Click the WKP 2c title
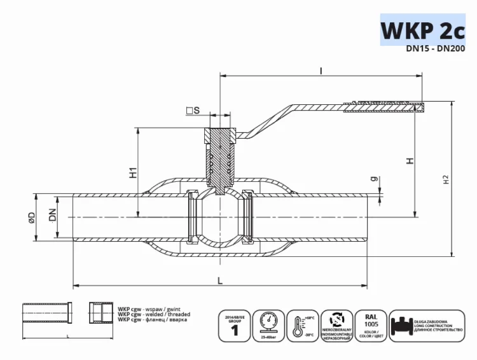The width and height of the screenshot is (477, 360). tap(422, 30)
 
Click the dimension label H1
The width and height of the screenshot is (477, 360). tap(133, 172)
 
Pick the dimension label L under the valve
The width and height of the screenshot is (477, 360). tap(219, 279)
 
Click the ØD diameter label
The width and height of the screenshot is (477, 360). tap(31, 218)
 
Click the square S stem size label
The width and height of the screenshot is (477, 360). tap(193, 111)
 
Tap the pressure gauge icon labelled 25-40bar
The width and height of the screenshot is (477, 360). tap(268, 324)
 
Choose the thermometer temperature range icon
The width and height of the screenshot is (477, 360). tap(301, 324)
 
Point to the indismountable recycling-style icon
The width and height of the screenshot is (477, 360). tap(335, 324)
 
